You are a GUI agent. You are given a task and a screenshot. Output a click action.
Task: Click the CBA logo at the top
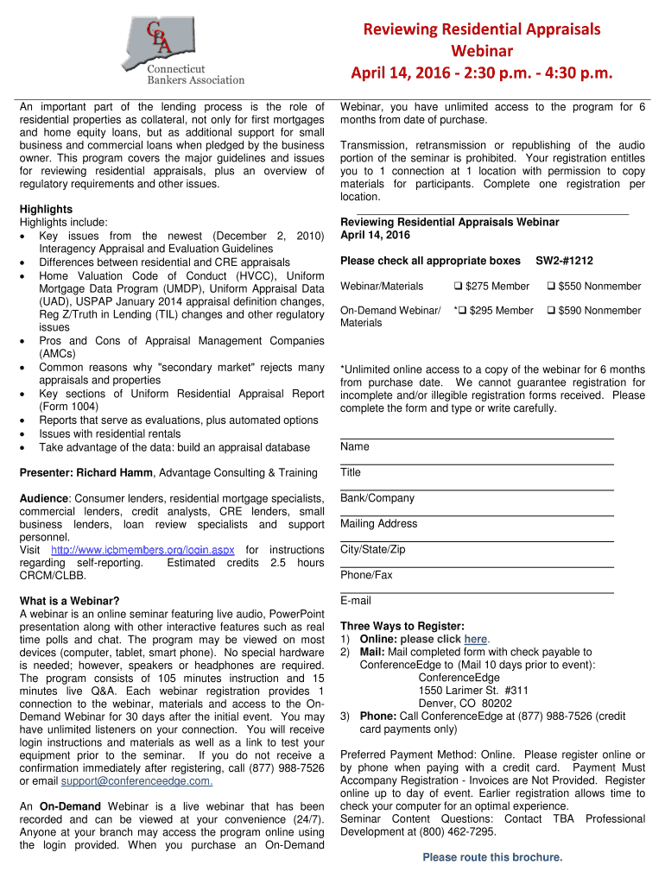tap(173, 47)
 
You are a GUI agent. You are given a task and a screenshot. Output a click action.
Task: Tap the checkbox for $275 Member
tap(459, 287)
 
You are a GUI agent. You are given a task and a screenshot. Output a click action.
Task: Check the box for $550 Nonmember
tap(551, 287)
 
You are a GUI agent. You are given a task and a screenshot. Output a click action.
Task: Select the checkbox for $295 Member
tap(463, 311)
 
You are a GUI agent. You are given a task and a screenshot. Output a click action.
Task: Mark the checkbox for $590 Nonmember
tap(551, 311)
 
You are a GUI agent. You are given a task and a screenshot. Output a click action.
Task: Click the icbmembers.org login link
tap(142, 550)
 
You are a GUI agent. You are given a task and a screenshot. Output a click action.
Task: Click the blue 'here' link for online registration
tap(476, 639)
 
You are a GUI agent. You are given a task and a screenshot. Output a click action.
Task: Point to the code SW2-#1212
tap(565, 261)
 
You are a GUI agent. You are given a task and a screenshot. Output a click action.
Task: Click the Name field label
tap(355, 447)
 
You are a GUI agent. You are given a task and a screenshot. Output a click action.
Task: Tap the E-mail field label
tap(356, 601)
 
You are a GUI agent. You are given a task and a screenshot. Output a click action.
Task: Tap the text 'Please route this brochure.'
tap(492, 857)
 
